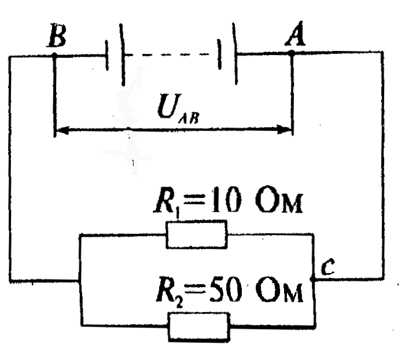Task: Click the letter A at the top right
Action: click(295, 34)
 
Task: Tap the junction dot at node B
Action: click(54, 55)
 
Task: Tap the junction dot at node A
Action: click(292, 53)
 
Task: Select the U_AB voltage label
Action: click(178, 109)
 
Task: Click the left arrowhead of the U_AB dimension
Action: click(62, 130)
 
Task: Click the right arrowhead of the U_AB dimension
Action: click(283, 129)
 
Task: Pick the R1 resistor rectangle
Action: click(197, 234)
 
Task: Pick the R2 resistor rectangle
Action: click(199, 327)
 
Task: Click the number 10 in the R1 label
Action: click(227, 200)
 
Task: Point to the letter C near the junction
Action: click(328, 267)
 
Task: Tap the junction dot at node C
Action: click(313, 279)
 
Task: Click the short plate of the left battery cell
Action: click(106, 56)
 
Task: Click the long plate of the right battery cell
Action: click(235, 54)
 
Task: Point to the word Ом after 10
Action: click(279, 201)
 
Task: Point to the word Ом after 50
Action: click(279, 291)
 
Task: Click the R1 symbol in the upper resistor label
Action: click(167, 201)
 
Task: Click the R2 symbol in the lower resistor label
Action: click(170, 292)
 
